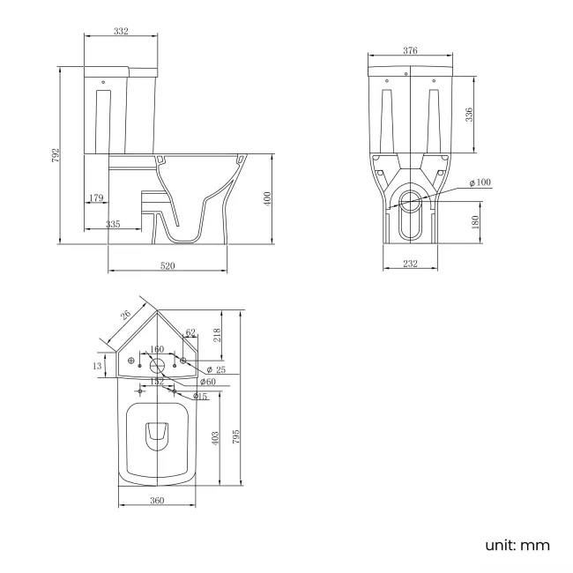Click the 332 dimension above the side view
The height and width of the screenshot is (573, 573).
[x=122, y=31]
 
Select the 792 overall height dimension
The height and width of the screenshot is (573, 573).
[x=55, y=156]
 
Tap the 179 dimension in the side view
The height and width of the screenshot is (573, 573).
[x=97, y=198]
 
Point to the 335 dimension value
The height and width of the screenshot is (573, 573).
[x=113, y=225]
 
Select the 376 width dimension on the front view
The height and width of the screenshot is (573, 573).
[x=410, y=50]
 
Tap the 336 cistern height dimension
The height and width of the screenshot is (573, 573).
[x=470, y=115]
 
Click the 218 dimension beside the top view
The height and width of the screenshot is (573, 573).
[x=217, y=335]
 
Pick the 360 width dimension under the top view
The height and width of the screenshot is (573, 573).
[x=157, y=501]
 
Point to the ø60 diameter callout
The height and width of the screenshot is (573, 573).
[x=207, y=382]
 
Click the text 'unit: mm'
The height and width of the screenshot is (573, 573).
[x=517, y=545]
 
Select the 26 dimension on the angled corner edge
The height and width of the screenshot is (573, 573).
[x=125, y=314]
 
